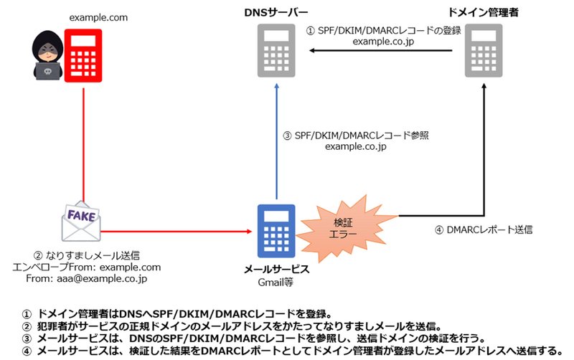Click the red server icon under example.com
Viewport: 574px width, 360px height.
click(x=85, y=56)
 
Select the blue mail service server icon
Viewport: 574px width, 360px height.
click(x=276, y=229)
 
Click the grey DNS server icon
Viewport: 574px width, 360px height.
click(x=276, y=49)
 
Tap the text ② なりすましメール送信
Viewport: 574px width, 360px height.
click(x=86, y=254)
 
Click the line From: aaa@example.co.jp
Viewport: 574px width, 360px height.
click(x=86, y=279)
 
